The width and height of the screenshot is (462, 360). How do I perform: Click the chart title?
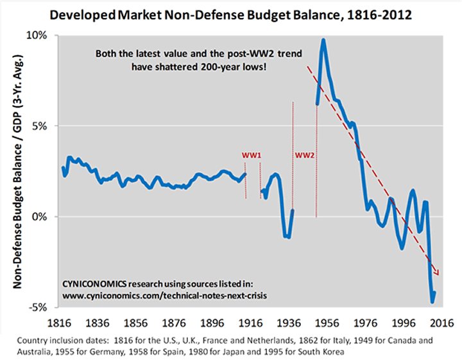pyautogui.click(x=232, y=13)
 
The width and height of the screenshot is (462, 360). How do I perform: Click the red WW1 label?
pyautogui.click(x=250, y=156)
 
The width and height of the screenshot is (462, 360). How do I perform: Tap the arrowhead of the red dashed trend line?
pyautogui.click(x=438, y=275)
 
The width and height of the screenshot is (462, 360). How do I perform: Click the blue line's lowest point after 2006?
pyautogui.click(x=432, y=301)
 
